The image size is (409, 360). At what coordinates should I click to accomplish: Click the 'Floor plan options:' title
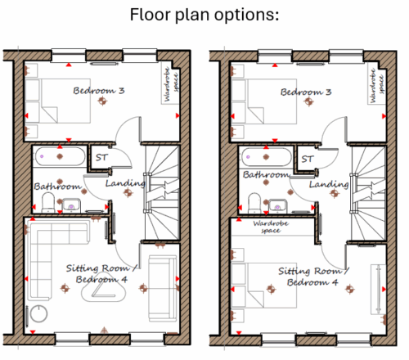point(204,15)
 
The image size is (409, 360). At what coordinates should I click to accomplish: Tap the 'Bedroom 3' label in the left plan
point(99,91)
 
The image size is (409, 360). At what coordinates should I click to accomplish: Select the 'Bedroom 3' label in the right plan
point(306,92)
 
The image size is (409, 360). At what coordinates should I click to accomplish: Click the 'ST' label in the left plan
point(101,157)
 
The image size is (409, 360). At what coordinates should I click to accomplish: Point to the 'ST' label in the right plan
point(308,159)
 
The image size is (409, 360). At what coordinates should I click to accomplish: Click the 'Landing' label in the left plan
point(125,183)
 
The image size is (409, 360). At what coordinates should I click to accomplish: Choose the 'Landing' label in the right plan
point(329,185)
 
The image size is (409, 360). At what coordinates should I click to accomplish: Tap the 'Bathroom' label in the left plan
point(57,187)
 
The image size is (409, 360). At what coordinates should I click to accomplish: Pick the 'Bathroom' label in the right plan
point(266,174)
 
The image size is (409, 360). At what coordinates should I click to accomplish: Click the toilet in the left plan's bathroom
point(48,202)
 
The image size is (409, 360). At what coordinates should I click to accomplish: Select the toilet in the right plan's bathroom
point(254,203)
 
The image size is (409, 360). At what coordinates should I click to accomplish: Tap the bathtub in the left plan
point(60,156)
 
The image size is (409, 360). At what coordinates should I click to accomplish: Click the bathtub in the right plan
point(267,157)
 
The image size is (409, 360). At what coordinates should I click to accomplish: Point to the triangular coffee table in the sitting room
point(104,291)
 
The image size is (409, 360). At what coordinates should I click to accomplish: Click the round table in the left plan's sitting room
point(38,313)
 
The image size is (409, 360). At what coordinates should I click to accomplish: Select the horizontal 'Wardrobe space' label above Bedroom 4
point(271,227)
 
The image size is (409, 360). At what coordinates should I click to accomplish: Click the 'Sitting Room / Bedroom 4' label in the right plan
point(313,277)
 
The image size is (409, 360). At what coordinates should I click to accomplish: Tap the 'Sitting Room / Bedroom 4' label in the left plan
point(101,274)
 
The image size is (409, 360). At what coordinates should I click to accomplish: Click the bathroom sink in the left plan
point(71,205)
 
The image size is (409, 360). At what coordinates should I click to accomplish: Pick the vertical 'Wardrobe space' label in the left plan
point(171,83)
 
